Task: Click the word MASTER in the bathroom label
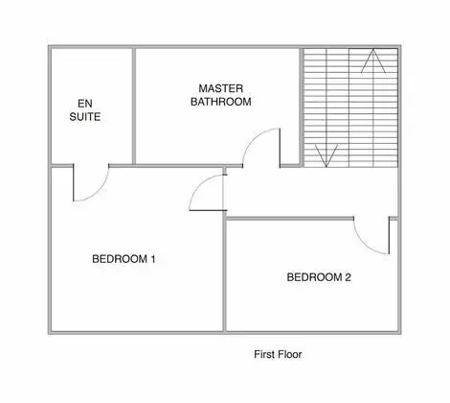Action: click(x=221, y=88)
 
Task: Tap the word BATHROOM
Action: click(x=221, y=102)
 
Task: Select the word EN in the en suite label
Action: click(x=85, y=104)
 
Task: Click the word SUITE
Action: click(x=85, y=117)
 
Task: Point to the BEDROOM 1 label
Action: click(x=124, y=259)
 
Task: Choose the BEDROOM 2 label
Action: click(x=319, y=277)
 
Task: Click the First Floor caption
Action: click(x=278, y=354)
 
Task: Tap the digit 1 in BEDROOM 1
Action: click(x=153, y=259)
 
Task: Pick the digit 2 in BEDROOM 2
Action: click(x=348, y=277)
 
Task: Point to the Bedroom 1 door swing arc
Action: click(x=199, y=184)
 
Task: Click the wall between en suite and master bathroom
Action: click(x=134, y=106)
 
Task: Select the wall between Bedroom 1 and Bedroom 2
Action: click(x=225, y=275)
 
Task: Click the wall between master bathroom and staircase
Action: click(x=302, y=107)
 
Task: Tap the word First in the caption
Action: click(x=264, y=354)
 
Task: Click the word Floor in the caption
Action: click(x=289, y=354)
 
